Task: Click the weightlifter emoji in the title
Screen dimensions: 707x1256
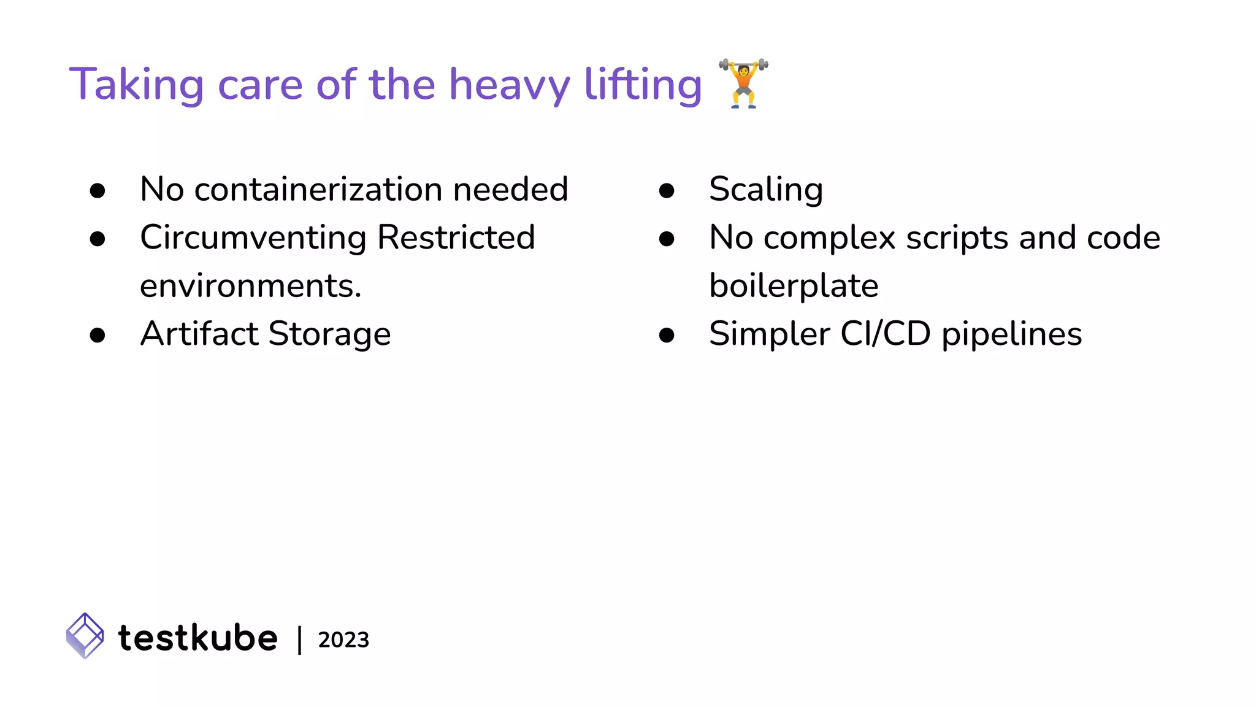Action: [743, 83]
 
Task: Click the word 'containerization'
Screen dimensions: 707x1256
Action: [318, 189]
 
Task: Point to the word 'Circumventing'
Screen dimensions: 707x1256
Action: [253, 238]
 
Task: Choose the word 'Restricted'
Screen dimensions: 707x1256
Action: [456, 238]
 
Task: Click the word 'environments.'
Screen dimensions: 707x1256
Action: [251, 286]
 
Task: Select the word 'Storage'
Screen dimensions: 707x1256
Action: [329, 335]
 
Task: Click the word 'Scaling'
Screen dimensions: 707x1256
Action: [766, 190]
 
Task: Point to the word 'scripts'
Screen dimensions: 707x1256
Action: [957, 238]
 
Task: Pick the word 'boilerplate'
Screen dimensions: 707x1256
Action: [794, 286]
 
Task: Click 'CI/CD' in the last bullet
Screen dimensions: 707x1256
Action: [886, 334]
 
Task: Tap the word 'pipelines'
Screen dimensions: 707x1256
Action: [1011, 335]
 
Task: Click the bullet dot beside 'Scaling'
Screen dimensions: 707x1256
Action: [667, 191]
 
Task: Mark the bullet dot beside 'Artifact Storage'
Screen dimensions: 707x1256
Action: [98, 335]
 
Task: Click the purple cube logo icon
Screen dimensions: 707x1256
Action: [85, 636]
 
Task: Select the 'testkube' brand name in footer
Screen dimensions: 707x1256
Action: [197, 638]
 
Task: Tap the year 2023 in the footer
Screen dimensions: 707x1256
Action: [343, 640]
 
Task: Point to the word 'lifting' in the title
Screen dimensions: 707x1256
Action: [643, 85]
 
